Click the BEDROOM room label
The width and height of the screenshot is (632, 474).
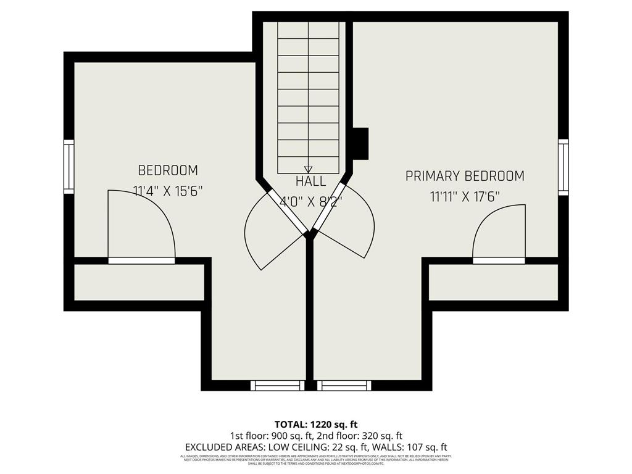(168, 170)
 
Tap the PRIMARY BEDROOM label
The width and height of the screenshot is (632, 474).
(465, 177)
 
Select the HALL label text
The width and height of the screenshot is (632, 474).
(310, 181)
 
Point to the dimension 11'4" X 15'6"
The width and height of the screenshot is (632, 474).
(168, 191)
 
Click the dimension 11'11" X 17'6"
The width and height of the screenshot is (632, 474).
(465, 197)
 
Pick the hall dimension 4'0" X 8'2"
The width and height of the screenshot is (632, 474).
(310, 201)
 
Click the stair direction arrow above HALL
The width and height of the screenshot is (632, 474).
(309, 168)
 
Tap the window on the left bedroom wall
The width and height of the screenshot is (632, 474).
(69, 167)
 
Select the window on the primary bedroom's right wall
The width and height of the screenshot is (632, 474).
(563, 167)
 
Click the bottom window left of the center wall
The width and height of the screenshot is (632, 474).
(278, 386)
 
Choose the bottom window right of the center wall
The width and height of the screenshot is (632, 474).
(344, 386)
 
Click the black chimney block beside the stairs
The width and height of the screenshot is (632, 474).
(360, 143)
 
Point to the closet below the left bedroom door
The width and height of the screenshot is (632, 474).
(139, 283)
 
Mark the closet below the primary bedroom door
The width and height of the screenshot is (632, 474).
(493, 283)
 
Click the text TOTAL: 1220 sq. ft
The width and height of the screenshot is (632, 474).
(316, 424)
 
